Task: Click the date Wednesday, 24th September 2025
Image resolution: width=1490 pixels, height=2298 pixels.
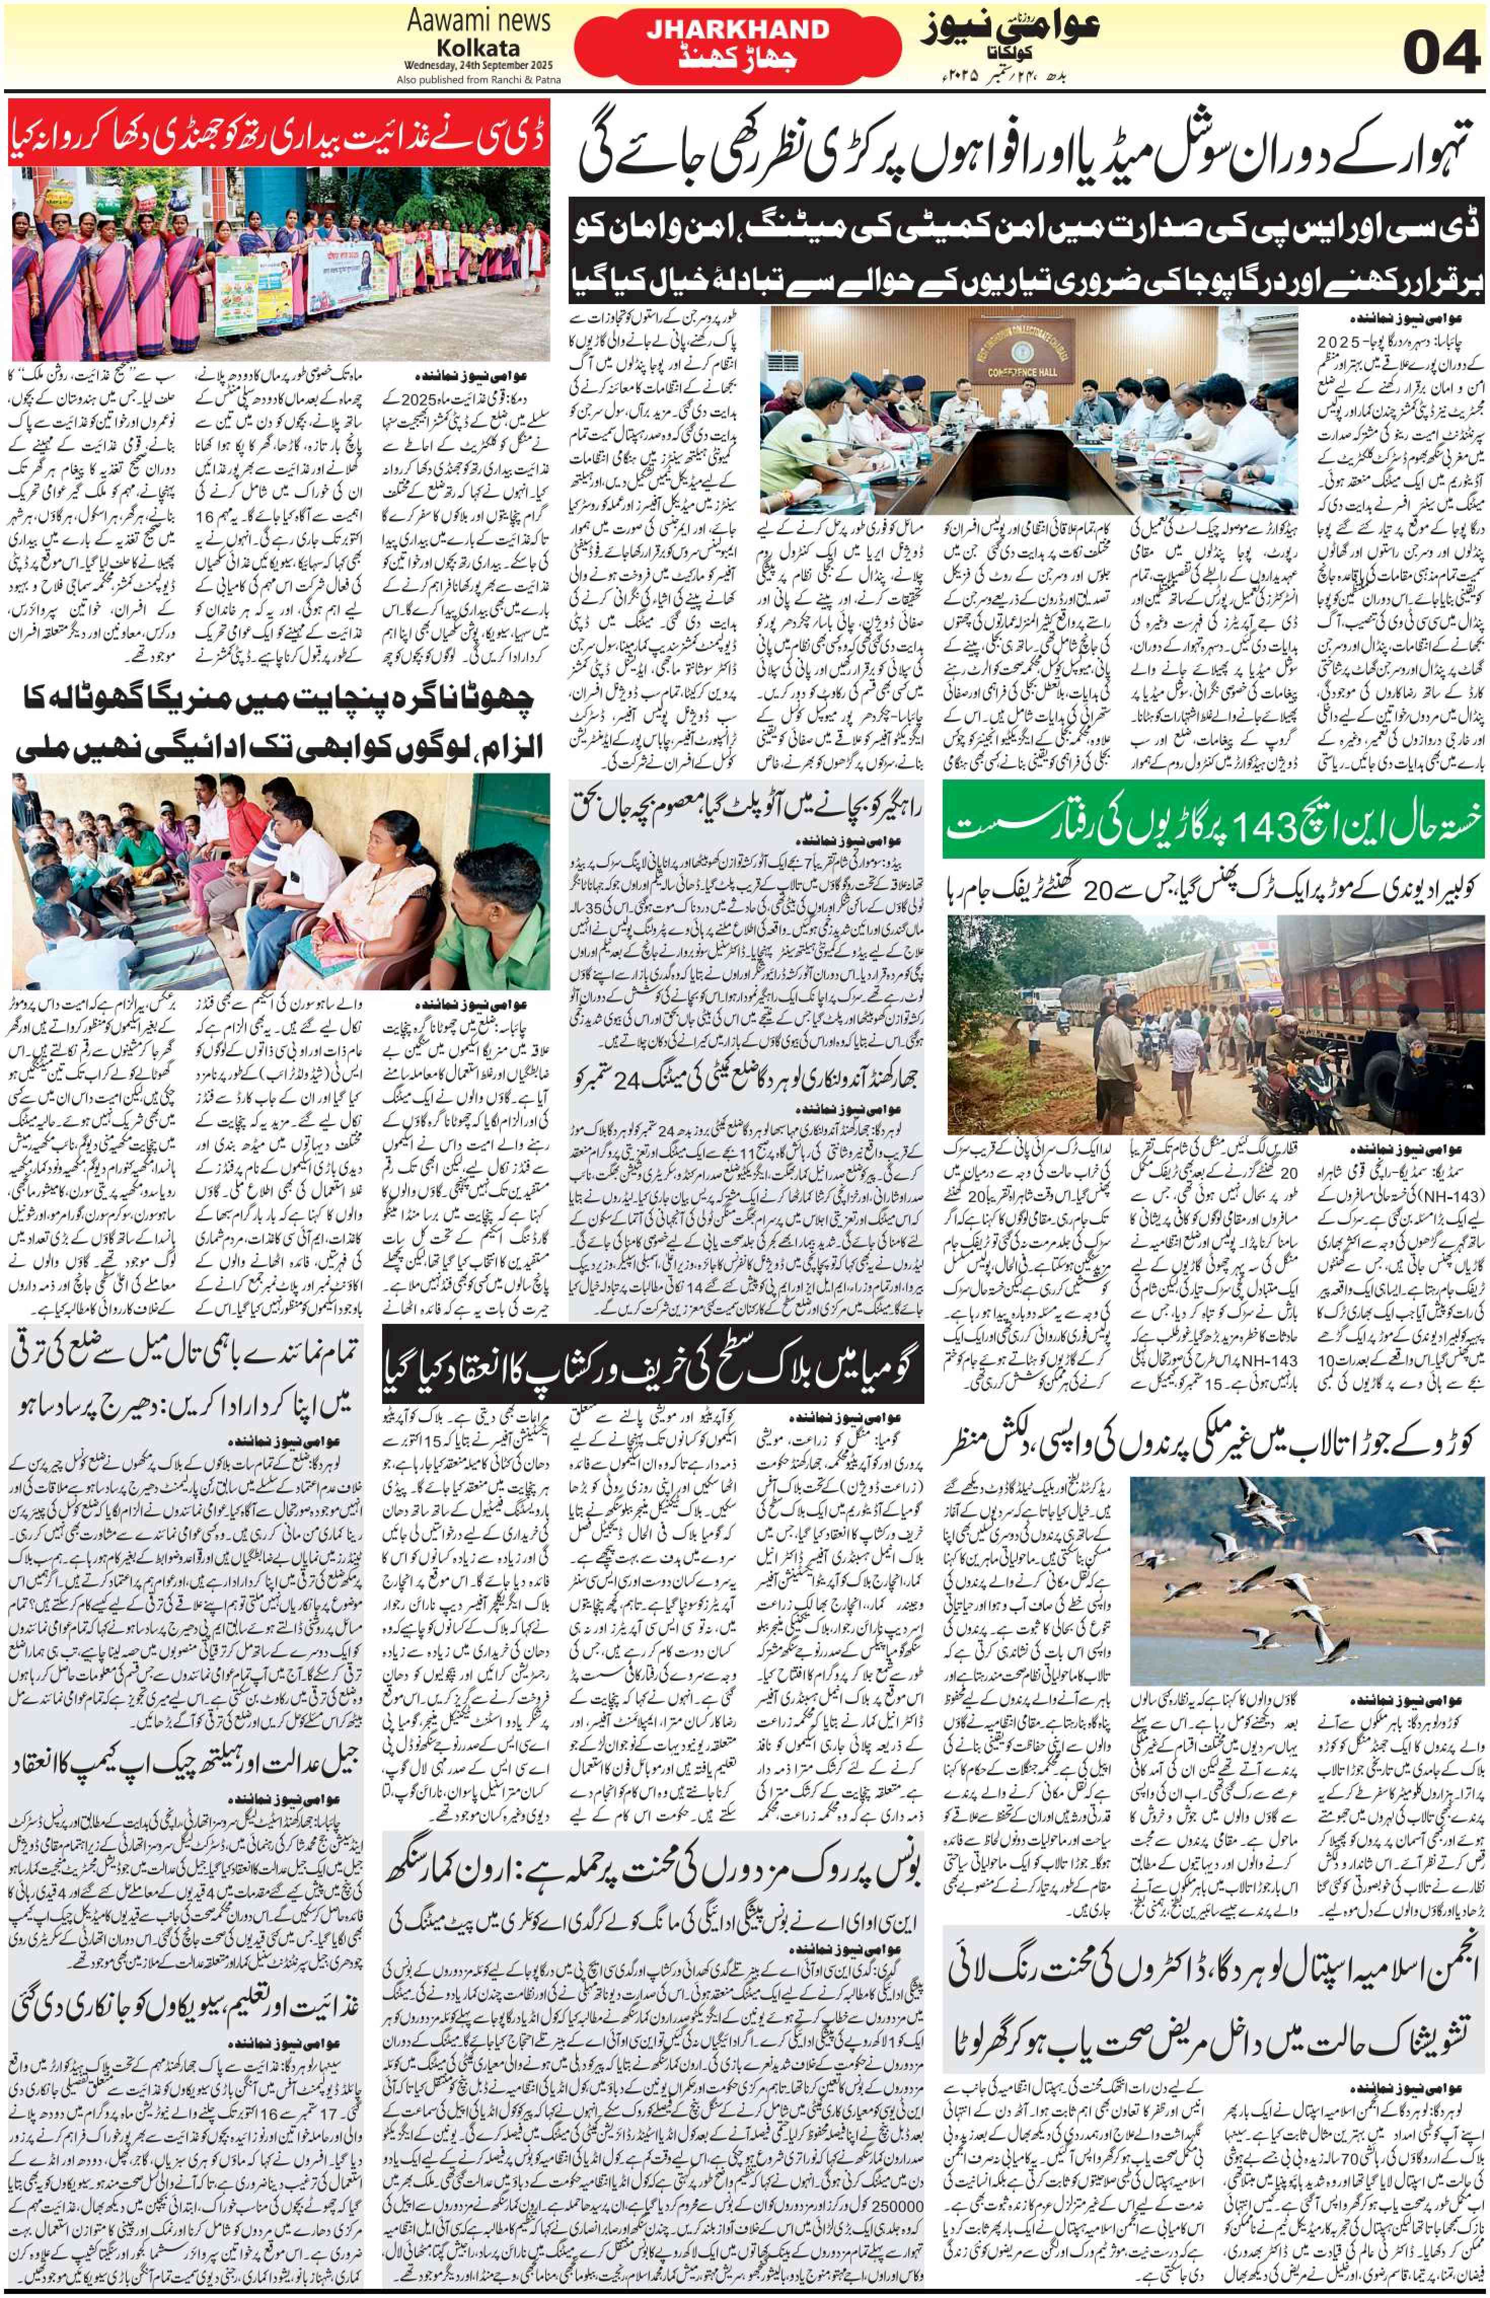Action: coord(464,67)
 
